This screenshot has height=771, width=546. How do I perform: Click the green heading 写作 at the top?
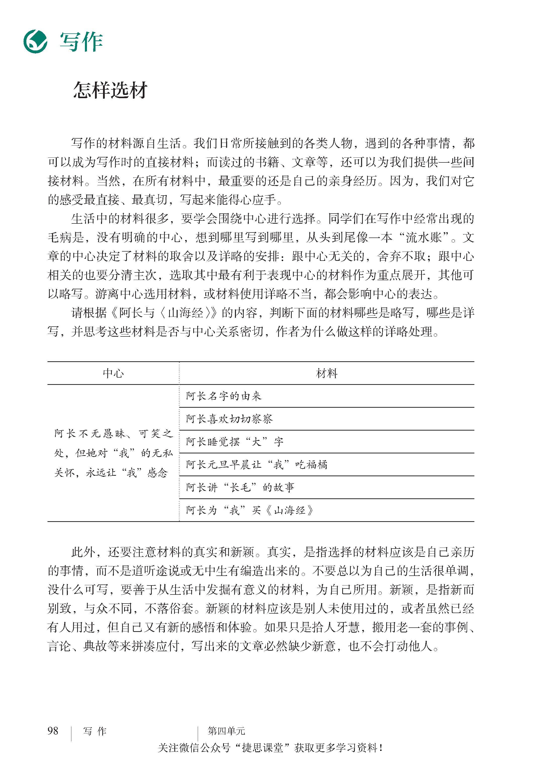[x=81, y=42]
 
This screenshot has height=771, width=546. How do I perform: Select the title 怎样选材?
[x=110, y=90]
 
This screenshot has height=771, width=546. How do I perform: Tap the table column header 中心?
[x=113, y=373]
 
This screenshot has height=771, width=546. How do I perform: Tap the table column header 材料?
[x=326, y=373]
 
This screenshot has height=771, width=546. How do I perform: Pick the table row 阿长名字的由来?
[x=224, y=396]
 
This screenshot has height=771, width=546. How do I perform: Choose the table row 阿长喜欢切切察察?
[x=229, y=419]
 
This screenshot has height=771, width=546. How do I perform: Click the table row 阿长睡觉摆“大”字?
[x=235, y=442]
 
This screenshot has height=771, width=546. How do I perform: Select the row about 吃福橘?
[x=257, y=465]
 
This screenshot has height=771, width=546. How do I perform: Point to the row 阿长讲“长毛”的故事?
[x=240, y=488]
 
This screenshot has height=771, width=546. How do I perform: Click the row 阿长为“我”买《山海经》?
[x=250, y=511]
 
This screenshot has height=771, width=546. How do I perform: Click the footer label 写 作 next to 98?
[x=95, y=731]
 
